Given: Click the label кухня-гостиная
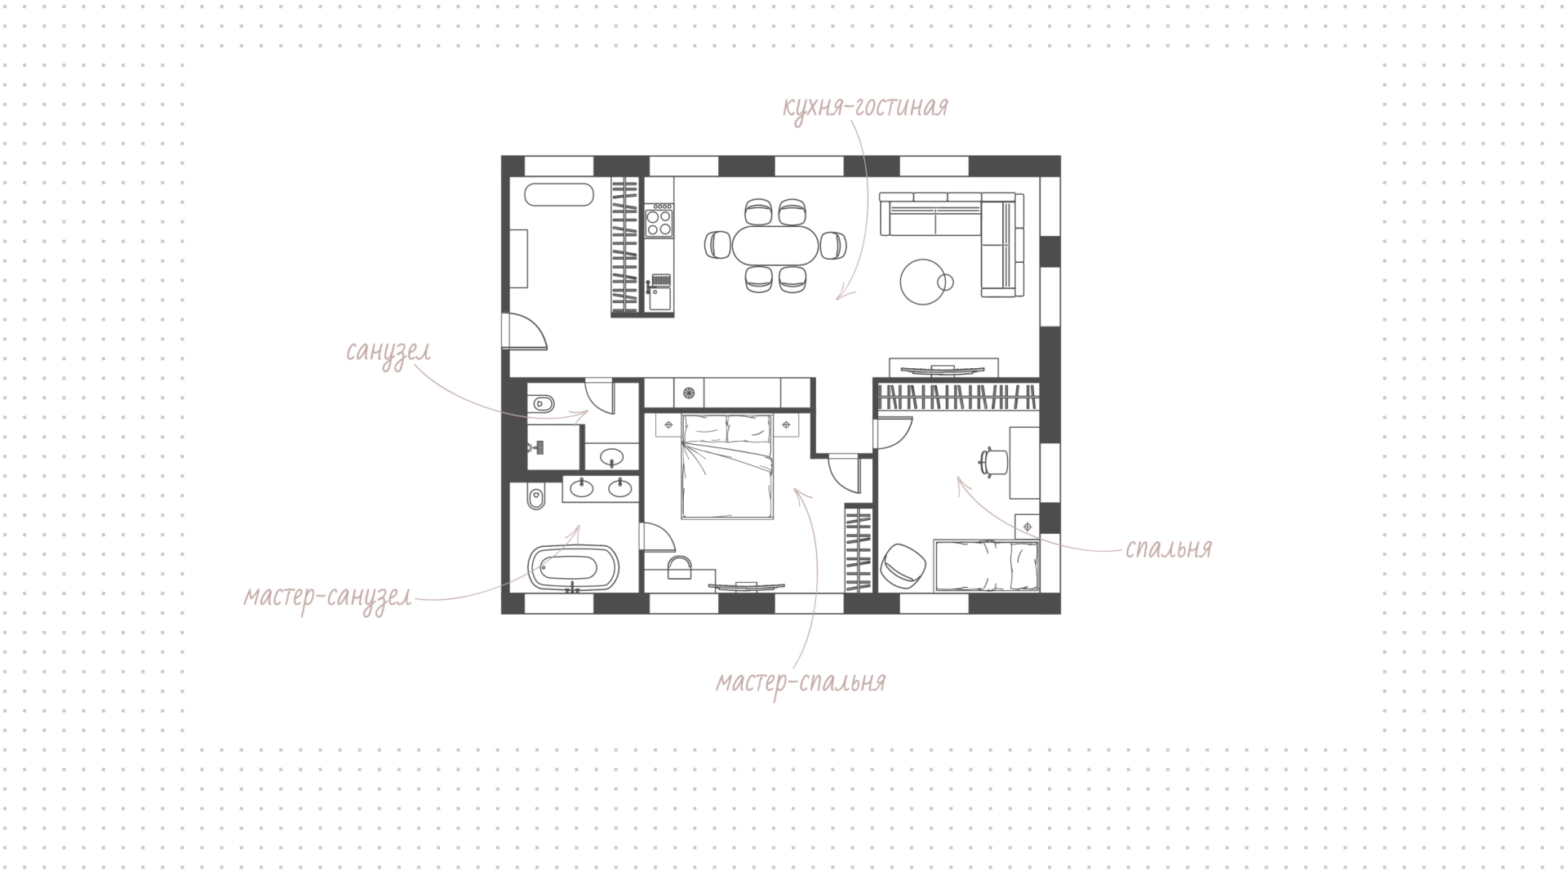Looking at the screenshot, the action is [865, 108].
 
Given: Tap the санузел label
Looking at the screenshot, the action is [388, 352].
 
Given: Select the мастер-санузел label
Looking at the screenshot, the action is [327, 598].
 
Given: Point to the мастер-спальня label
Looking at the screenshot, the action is [801, 682].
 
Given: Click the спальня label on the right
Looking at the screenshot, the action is [1168, 549].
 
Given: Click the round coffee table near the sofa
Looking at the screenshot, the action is [922, 282].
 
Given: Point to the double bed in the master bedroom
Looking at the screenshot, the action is [726, 466].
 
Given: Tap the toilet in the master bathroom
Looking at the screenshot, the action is [535, 496].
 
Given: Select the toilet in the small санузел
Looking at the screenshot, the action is [540, 403].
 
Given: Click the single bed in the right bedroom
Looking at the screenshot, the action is [986, 564].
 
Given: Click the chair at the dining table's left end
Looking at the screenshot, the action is [717, 245].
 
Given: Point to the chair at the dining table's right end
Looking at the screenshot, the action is [832, 245].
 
